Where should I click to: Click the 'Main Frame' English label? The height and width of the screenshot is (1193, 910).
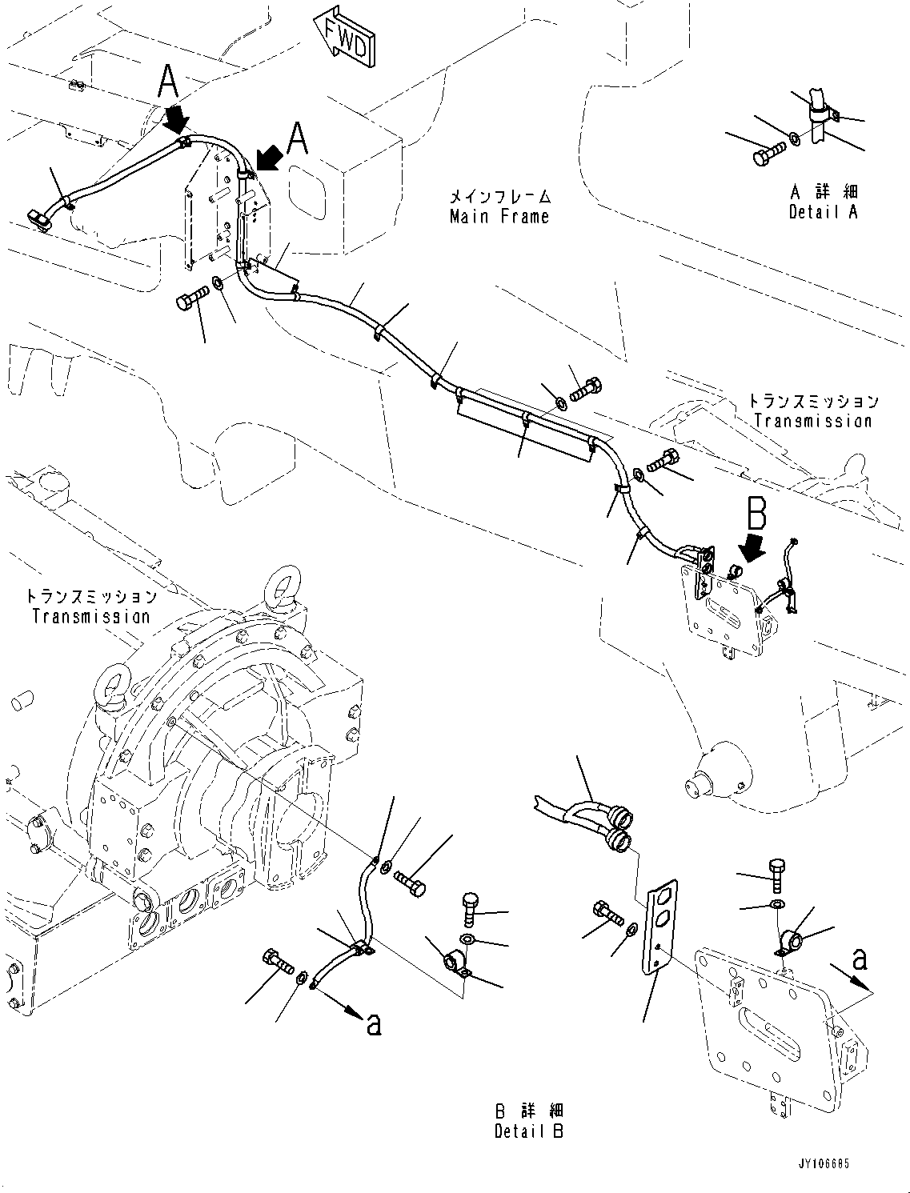pyautogui.click(x=499, y=216)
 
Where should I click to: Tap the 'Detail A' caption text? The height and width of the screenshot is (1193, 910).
pyautogui.click(x=823, y=213)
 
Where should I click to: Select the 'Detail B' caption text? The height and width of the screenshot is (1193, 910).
pyautogui.click(x=528, y=1131)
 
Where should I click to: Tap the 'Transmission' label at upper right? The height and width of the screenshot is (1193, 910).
pyautogui.click(x=812, y=421)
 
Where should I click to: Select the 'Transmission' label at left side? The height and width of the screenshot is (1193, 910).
pyautogui.click(x=90, y=616)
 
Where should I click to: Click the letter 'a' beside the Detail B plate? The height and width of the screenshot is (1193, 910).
pyautogui.click(x=859, y=959)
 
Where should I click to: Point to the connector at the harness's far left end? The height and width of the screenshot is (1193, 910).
pyautogui.click(x=38, y=218)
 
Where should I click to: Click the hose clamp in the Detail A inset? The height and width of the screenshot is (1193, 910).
pyautogui.click(x=823, y=112)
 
